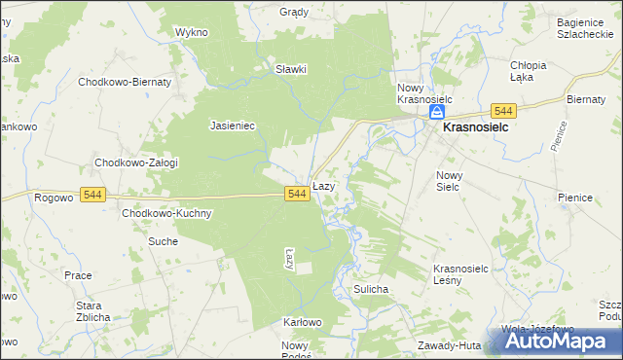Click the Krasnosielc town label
point(479,126)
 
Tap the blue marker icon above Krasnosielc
point(437,113)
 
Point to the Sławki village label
point(291,69)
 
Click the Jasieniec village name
point(233,126)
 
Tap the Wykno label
point(192,32)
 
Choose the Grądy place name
point(294,13)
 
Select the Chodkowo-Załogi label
point(135,162)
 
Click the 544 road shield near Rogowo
point(92,195)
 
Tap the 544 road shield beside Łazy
point(298,195)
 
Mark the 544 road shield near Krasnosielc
point(503,111)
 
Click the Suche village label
point(163,240)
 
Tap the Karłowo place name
point(302,322)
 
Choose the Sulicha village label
point(372,290)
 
